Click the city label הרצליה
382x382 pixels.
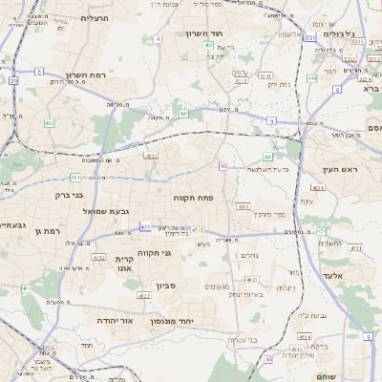pos(95,18)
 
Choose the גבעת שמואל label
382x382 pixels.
pos(106,211)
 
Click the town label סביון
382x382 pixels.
pos(166,286)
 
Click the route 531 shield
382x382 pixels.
pos(311,37)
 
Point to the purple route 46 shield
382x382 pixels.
pos(223,166)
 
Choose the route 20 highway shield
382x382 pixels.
pos(13,81)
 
